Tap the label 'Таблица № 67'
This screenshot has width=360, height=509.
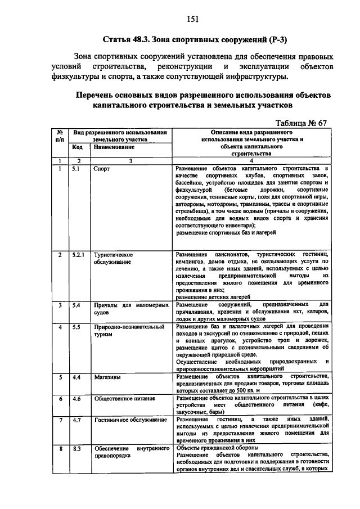[x=302, y=123]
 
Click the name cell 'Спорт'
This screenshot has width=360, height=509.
[x=101, y=168]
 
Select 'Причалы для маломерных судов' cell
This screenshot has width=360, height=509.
[x=131, y=309]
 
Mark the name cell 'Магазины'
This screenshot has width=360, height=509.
[x=107, y=377]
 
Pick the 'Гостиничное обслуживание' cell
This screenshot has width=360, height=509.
[x=129, y=420]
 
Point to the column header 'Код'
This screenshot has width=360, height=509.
[x=76, y=147]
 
